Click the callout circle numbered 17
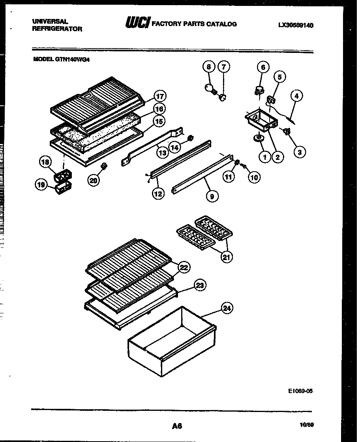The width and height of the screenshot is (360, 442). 159,96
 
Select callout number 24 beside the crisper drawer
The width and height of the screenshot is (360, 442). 226,309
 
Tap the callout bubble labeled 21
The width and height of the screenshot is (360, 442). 226,257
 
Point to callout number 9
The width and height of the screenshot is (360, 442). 212,196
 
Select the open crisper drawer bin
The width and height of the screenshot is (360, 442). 172,341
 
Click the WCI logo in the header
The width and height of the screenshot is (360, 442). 137,24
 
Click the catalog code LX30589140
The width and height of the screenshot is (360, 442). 296,25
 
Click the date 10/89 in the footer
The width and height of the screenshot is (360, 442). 309,425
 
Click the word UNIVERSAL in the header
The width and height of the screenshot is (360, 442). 49,21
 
